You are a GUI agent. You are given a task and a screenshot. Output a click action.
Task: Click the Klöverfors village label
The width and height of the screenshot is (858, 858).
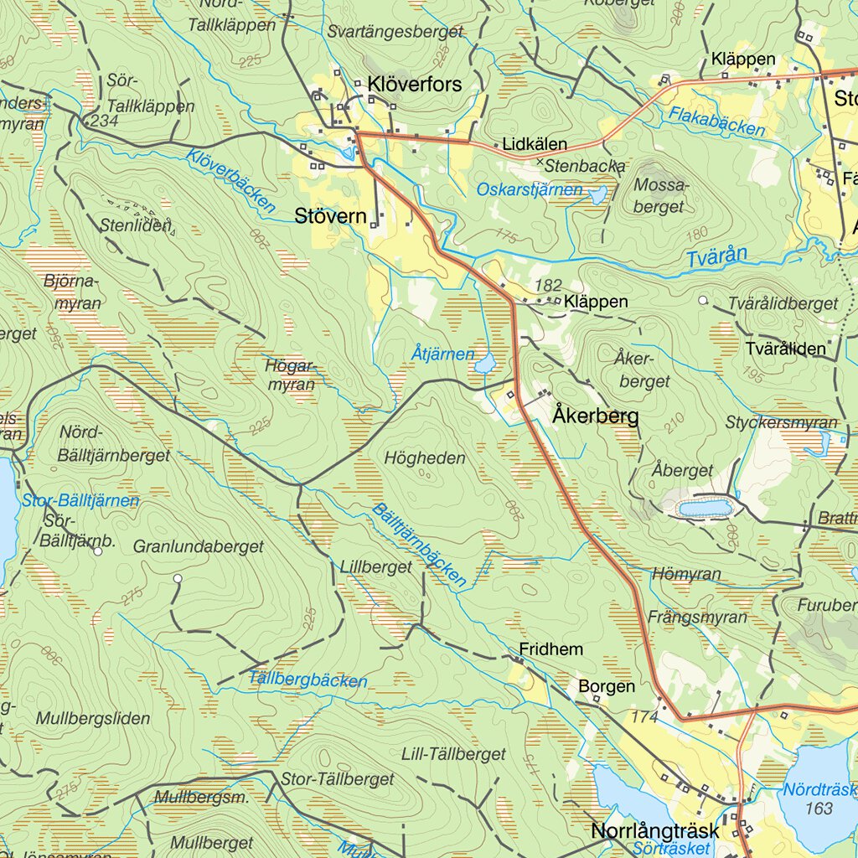[x=415, y=84]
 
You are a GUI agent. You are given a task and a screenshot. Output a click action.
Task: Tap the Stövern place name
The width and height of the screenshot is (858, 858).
[x=330, y=216]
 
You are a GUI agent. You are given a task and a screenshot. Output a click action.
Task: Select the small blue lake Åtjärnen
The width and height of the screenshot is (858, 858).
[x=484, y=364]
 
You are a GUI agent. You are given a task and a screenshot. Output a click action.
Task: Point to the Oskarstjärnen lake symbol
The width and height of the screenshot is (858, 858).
[x=597, y=196]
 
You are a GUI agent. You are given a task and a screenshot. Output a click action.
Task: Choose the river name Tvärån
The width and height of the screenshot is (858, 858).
[x=716, y=257]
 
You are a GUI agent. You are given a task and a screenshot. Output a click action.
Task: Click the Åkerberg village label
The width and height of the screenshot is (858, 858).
[x=596, y=416]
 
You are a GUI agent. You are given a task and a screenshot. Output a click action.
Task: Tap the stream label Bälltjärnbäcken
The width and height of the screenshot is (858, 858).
[x=419, y=545]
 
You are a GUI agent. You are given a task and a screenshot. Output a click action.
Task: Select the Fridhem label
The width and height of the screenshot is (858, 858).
[x=550, y=649]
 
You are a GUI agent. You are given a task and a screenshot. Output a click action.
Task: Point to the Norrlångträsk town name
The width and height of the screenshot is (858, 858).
[x=654, y=831]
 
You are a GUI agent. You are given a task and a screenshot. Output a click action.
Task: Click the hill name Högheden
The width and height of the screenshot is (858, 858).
[x=425, y=458]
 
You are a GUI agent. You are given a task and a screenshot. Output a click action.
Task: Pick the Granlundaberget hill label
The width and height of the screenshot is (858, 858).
[x=199, y=547]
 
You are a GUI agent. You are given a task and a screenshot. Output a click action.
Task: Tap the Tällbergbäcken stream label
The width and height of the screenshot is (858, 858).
[x=308, y=680]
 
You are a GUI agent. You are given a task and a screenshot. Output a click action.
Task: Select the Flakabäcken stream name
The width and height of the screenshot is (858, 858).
[x=716, y=122]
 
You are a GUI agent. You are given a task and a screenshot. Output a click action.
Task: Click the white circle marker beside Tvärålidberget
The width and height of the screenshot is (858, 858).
[x=703, y=300]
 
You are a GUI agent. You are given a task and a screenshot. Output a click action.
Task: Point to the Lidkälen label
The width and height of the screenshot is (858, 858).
[x=535, y=144]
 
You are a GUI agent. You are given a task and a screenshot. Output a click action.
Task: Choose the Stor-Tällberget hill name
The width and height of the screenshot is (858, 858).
[x=338, y=779]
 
